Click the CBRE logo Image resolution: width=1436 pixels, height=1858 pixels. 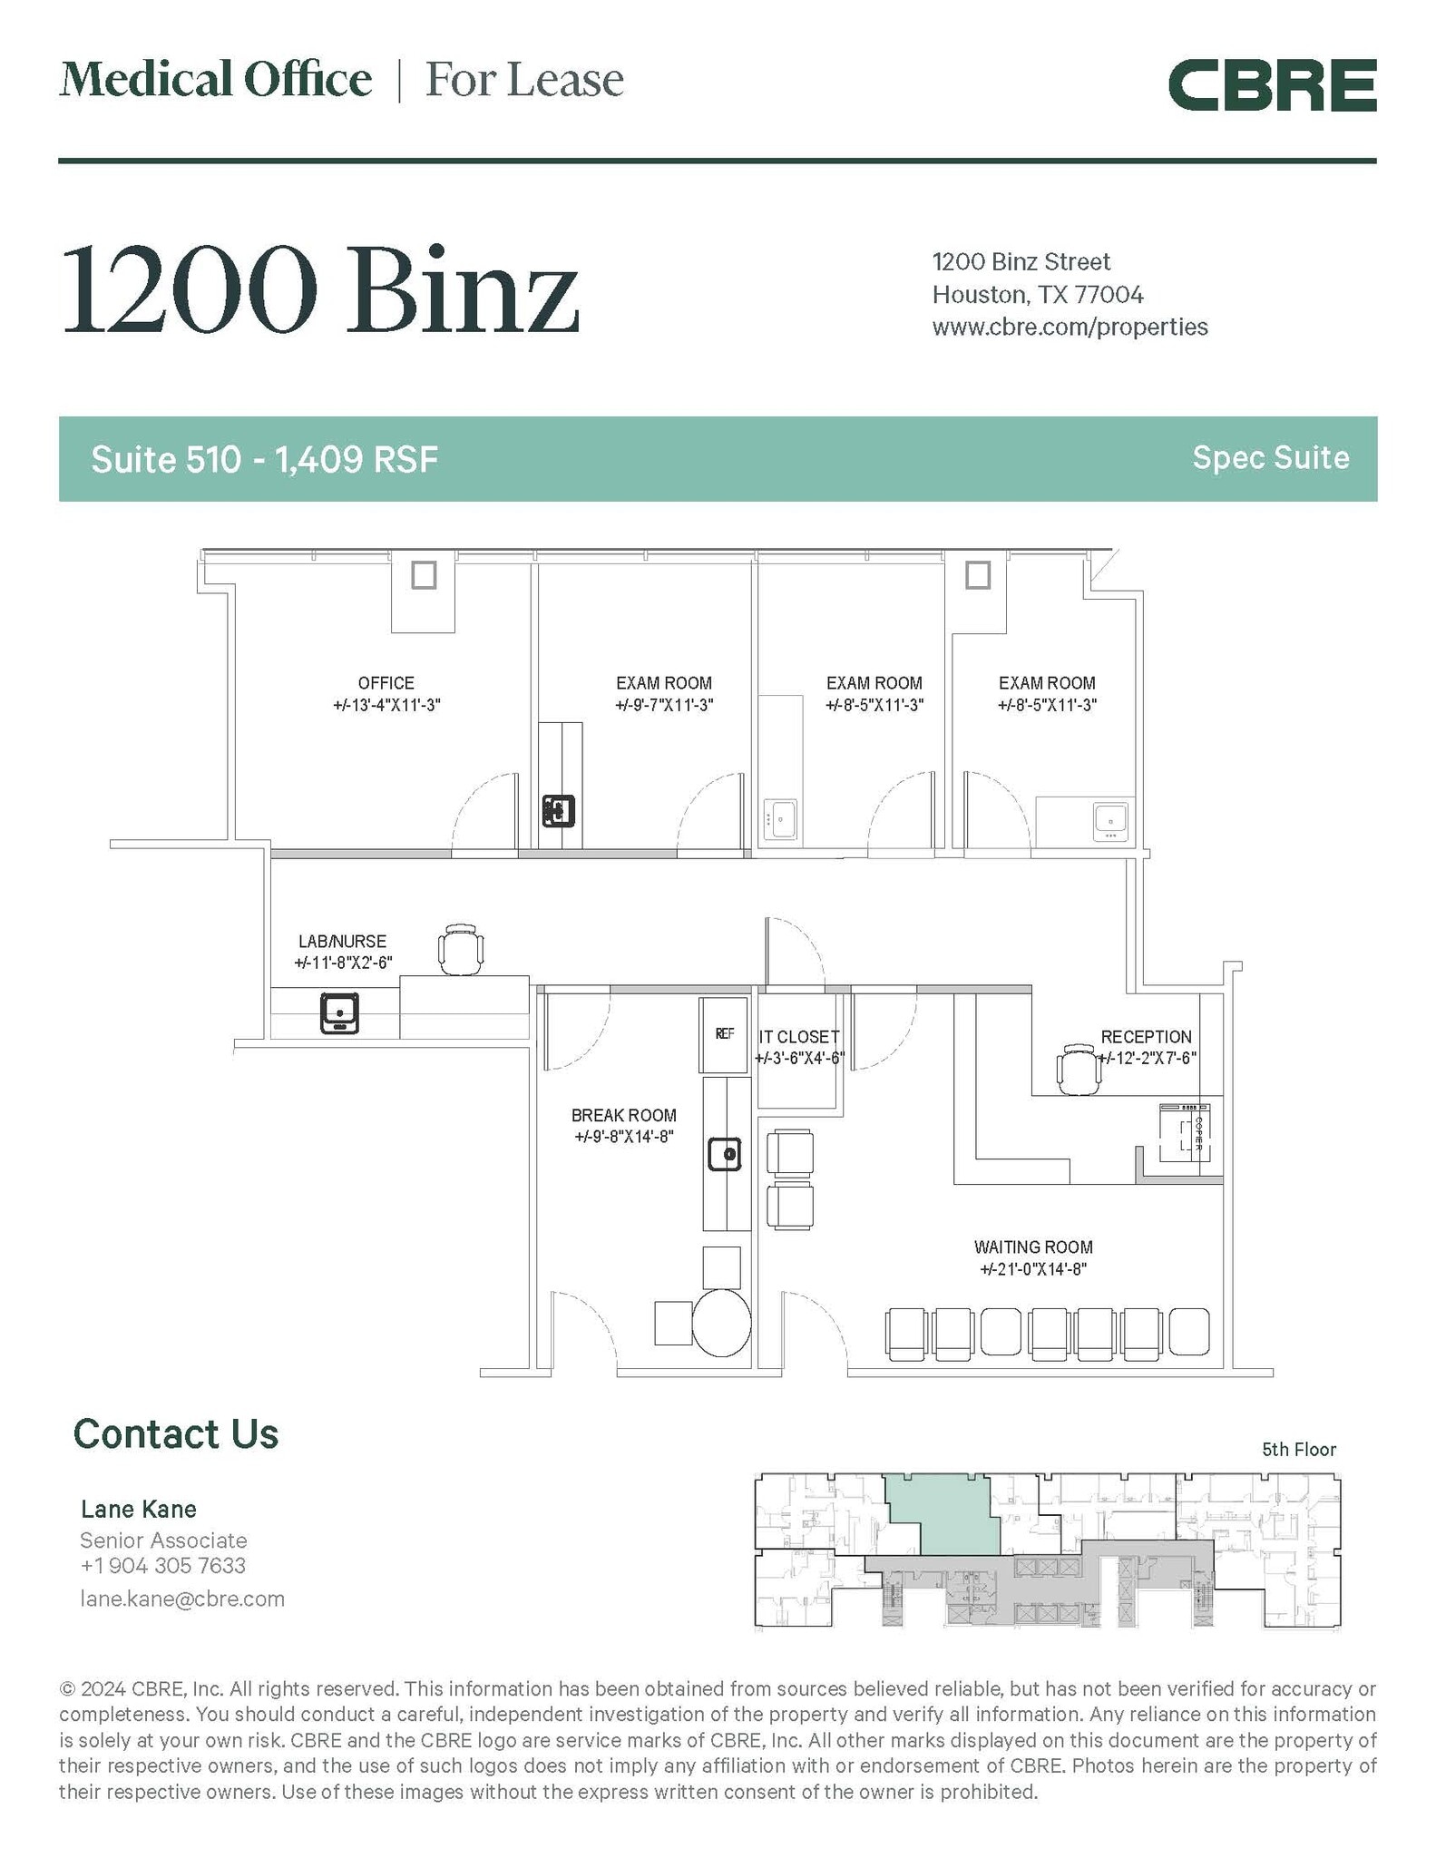pos(1271,85)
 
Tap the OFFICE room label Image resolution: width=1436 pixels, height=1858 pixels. pos(386,683)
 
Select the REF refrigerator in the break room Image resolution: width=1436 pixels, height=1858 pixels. pos(724,1033)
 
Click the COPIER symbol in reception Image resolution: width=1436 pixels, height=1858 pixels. pos(1185,1133)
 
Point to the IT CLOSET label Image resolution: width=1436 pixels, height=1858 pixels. pos(798,1036)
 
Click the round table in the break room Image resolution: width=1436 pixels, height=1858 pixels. pos(722,1324)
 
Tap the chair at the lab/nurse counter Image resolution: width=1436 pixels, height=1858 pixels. pos(461,949)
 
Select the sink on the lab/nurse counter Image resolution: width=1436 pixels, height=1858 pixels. pos(339,1013)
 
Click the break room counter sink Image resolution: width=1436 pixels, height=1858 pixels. pos(725,1155)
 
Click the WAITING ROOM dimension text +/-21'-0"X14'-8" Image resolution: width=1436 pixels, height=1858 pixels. pos(1032,1269)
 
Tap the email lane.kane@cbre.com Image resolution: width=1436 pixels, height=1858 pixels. pos(182,1599)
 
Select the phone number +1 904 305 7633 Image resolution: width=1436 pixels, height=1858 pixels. pos(162,1565)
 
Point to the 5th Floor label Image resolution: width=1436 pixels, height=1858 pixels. pos(1298,1450)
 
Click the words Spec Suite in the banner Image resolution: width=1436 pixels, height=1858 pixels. pos(1270,457)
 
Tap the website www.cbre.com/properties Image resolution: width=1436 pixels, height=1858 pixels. pos(1070,327)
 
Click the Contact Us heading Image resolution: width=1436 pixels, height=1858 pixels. pos(176,1434)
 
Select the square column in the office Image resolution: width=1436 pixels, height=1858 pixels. pos(424,574)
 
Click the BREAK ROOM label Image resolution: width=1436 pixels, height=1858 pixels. pos(623,1115)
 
